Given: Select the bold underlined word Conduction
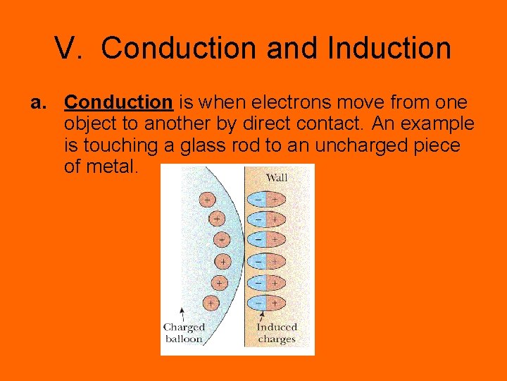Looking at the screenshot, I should [118, 102].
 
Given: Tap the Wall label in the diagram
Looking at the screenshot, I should [276, 177].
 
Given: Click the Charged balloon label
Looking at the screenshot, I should [184, 332].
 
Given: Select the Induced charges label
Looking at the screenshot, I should [277, 332].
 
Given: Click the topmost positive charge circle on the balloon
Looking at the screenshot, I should [206, 200].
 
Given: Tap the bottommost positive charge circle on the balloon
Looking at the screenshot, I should [211, 303].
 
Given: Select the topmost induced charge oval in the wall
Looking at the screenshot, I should [265, 200].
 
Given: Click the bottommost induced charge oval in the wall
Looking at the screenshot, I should [265, 302].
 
